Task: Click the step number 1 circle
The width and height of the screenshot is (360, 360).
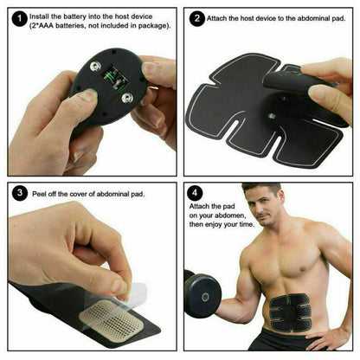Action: coord(18,17)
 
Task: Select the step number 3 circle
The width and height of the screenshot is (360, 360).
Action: coord(18,192)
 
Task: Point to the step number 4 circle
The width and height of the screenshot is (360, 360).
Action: coord(196,194)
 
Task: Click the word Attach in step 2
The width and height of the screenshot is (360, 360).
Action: coord(221,17)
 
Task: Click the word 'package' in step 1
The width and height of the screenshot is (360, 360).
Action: coord(148,27)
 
